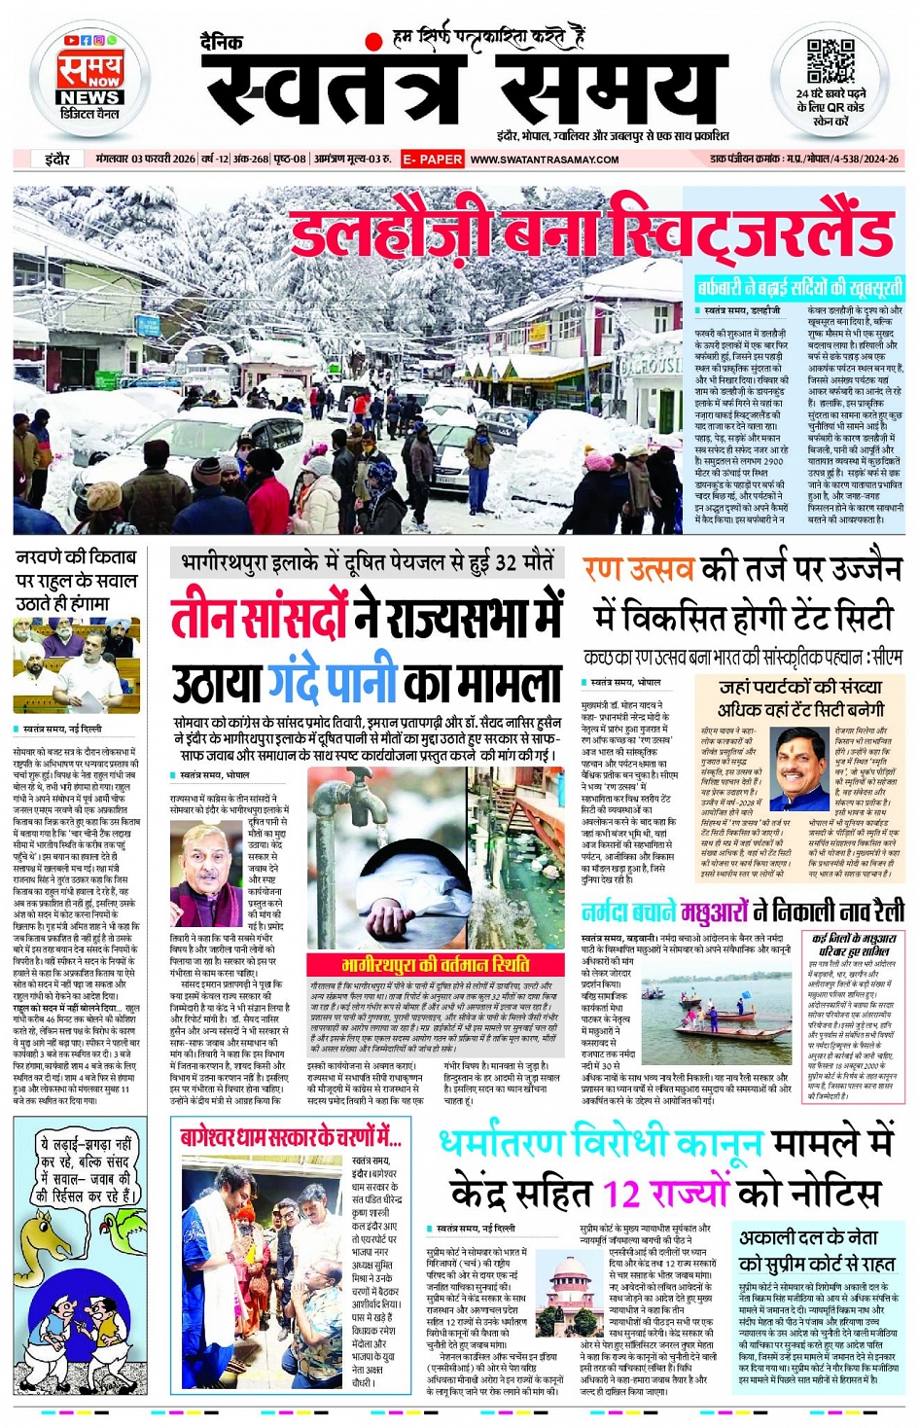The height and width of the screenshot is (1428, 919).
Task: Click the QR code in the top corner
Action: [x=830, y=60]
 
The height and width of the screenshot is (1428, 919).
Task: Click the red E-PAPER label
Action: [x=433, y=159]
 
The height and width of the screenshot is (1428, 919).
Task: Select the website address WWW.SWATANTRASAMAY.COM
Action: [x=545, y=160]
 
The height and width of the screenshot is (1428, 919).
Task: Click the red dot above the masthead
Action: [x=373, y=42]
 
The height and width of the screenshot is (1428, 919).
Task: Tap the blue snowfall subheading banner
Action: [x=798, y=287]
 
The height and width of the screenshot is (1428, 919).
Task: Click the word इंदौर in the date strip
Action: [x=56, y=159]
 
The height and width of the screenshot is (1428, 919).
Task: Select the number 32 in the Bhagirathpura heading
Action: [x=506, y=562]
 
